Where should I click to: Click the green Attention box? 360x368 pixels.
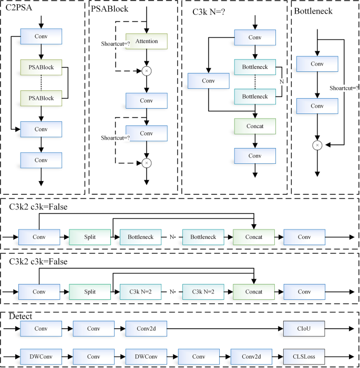click(146, 41)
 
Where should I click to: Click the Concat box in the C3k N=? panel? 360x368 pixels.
click(255, 126)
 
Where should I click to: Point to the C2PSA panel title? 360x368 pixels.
click(18, 9)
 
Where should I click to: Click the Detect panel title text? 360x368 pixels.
click(21, 317)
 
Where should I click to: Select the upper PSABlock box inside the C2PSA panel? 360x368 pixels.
click(41, 67)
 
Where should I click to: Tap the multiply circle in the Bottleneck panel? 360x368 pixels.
click(317, 145)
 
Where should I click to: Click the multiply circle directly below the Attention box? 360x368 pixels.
click(147, 69)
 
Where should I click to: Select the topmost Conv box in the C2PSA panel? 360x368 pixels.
click(41, 37)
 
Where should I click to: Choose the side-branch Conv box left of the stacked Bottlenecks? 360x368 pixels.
click(209, 81)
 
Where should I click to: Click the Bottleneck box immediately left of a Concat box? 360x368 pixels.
click(203, 237)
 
